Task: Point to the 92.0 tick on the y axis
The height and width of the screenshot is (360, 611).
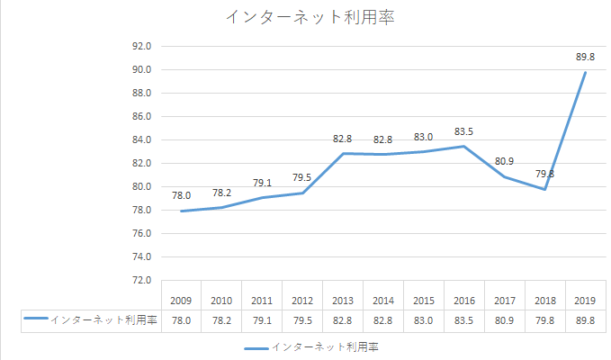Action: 141,46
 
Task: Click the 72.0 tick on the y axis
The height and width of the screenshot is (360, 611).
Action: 141,280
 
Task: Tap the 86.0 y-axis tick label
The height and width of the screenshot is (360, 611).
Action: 141,116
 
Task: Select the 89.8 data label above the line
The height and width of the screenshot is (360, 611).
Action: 586,57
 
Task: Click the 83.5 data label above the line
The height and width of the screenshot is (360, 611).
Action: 464,131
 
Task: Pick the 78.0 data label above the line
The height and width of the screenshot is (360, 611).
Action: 181,195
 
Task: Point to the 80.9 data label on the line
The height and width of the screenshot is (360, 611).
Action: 505,161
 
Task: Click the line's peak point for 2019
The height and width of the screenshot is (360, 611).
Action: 586,72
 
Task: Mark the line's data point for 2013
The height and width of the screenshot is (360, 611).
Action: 343,154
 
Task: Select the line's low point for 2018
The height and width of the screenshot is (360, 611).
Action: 545,189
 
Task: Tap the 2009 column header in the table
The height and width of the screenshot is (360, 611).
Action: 181,300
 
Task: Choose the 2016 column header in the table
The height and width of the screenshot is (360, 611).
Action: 464,300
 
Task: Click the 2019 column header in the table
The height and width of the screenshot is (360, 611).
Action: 586,300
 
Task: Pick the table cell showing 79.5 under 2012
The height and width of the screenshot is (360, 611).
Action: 302,319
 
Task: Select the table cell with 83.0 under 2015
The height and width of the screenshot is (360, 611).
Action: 424,319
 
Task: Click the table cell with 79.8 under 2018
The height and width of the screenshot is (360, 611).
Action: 545,319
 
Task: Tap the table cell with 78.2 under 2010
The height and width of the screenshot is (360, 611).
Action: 221,319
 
